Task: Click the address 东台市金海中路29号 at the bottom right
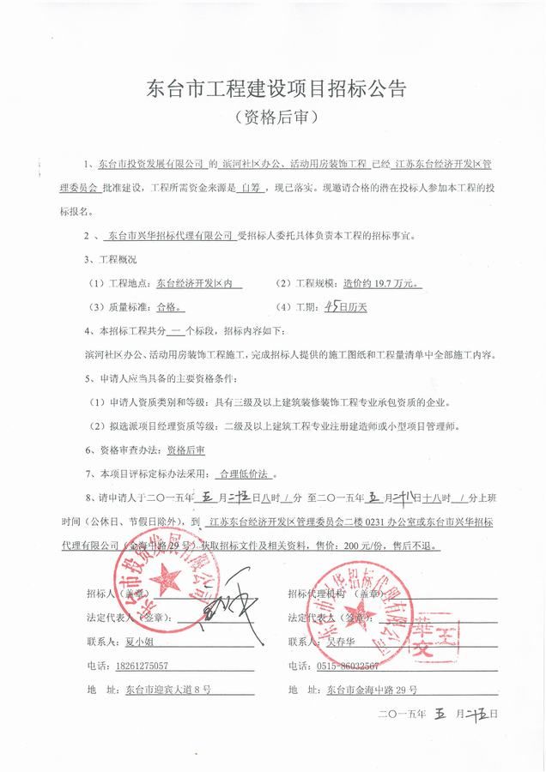[x=373, y=689]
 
